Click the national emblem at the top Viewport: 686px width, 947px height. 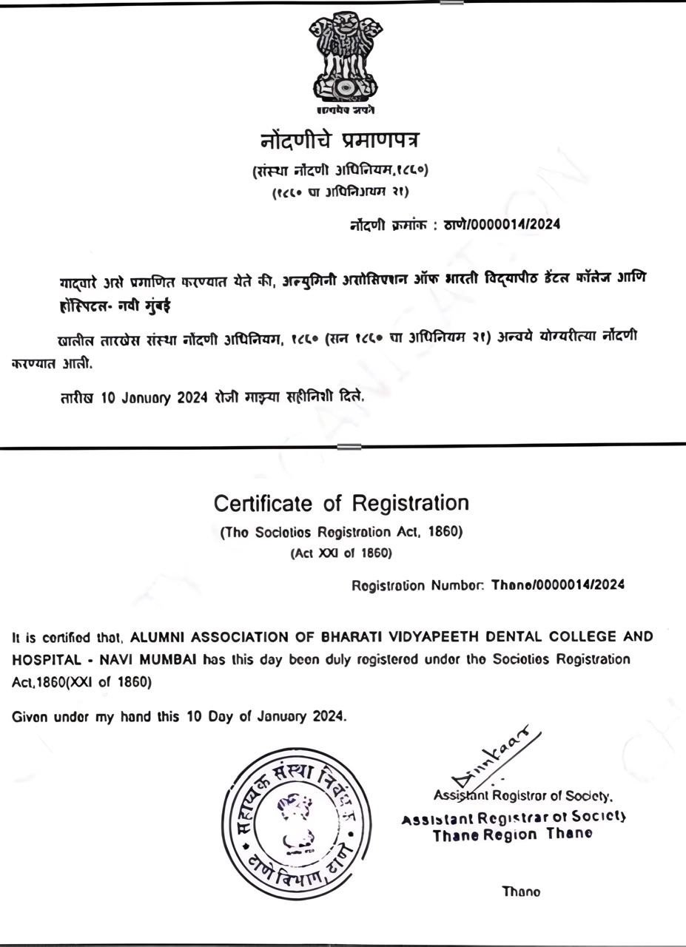click(x=346, y=59)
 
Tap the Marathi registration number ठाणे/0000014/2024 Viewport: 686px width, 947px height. click(x=502, y=225)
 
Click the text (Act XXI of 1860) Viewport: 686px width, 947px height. click(x=341, y=553)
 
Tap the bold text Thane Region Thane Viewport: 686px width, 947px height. click(x=512, y=835)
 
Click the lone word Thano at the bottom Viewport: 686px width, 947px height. click(x=522, y=892)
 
